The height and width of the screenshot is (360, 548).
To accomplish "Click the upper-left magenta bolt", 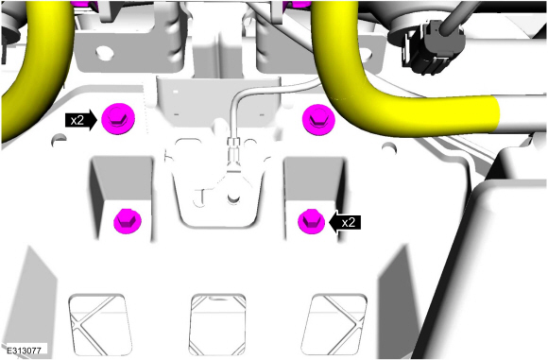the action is (x=118, y=119).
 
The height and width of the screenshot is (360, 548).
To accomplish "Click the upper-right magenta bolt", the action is (x=318, y=119).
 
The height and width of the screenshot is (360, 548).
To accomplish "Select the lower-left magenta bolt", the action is (x=128, y=221).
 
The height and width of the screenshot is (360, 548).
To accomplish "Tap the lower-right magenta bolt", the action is (x=311, y=222).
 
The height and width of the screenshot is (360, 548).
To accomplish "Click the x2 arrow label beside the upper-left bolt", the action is (x=81, y=120).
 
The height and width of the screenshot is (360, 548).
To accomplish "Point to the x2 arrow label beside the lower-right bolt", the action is (x=345, y=222).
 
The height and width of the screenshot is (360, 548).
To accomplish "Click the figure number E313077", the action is (x=24, y=351).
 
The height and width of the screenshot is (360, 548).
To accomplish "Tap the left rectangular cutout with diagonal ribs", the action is (x=99, y=324).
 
